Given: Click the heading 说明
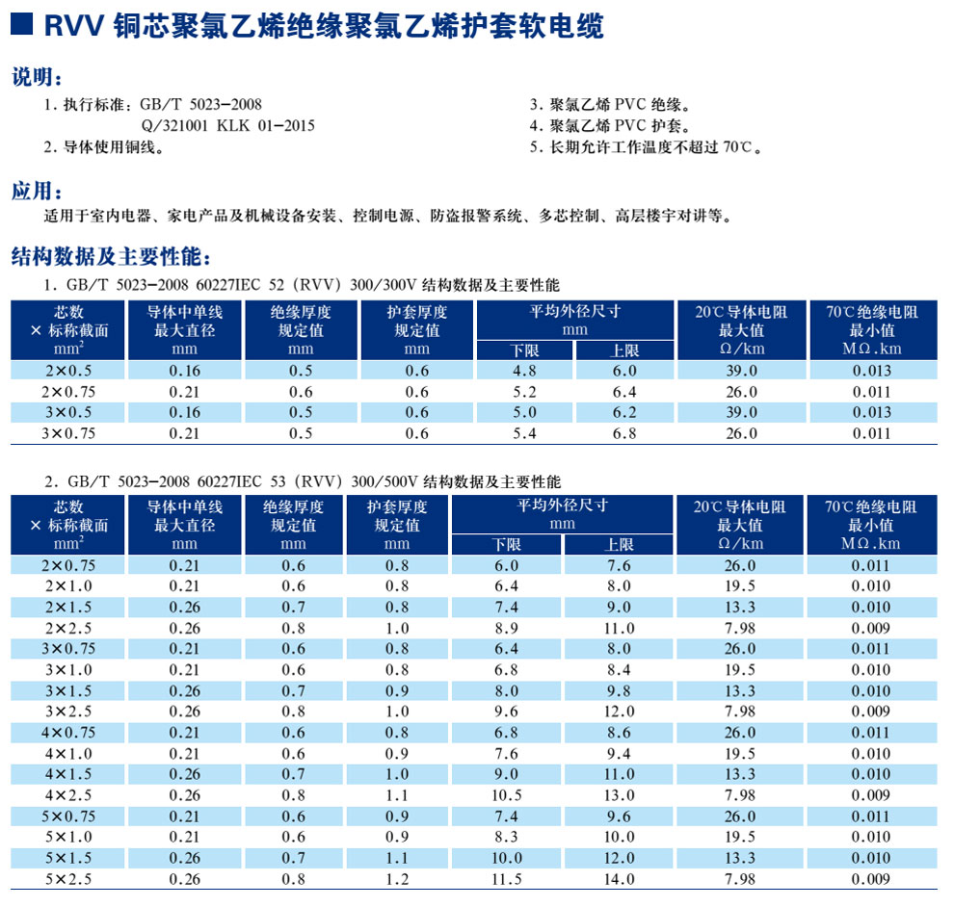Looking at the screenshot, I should coord(37,78).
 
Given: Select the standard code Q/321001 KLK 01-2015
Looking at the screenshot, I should coord(227,125).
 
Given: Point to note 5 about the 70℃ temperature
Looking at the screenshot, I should coord(647,147).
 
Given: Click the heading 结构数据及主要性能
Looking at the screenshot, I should coord(110,257).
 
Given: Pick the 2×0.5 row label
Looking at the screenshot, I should coord(68,371).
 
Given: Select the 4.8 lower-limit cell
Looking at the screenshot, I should coord(524,371).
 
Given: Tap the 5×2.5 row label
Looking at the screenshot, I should coord(68,879).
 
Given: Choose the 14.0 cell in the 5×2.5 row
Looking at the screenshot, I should coord(619,879).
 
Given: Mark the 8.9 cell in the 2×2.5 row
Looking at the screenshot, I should coord(506,628).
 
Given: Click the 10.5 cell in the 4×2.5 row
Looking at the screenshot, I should coord(506,795).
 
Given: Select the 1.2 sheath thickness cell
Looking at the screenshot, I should coord(397,879).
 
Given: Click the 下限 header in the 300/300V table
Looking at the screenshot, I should coord(524,350).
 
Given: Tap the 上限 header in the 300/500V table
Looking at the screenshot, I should coord(619,545).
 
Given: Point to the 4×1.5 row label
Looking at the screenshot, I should coord(68,774).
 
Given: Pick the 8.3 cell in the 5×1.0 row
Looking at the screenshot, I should coord(506,837).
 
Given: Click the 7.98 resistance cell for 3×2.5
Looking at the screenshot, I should coord(739,712).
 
